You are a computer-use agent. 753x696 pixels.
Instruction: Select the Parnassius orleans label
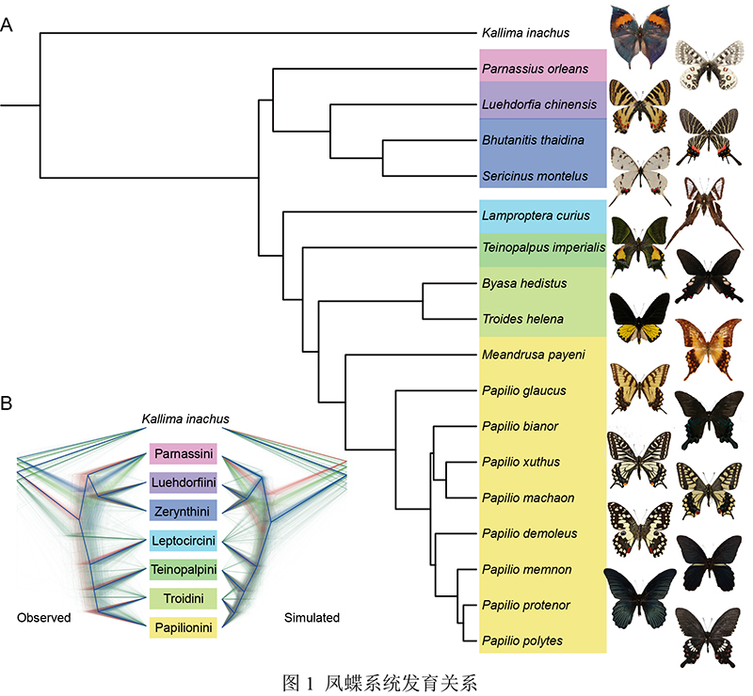click(x=534, y=69)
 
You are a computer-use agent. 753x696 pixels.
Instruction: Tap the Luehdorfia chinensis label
click(x=539, y=104)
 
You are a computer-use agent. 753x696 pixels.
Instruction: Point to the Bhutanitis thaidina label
click(x=533, y=140)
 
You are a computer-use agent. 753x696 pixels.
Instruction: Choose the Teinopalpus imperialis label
click(x=542, y=247)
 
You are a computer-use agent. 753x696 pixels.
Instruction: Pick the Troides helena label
click(x=522, y=319)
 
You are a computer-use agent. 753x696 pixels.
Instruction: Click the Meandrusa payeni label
click(x=533, y=355)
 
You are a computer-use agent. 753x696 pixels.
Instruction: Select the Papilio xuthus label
click(x=521, y=462)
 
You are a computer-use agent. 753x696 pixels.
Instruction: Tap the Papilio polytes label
click(x=521, y=641)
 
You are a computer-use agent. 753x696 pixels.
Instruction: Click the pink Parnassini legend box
click(x=184, y=454)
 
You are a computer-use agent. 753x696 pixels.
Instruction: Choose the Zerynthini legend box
click(x=184, y=511)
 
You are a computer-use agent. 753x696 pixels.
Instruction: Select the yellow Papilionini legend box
click(x=184, y=625)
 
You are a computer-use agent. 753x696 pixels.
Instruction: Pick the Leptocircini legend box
click(x=184, y=540)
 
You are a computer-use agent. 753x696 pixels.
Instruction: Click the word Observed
click(x=44, y=618)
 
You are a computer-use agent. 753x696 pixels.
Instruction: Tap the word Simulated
click(x=312, y=618)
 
